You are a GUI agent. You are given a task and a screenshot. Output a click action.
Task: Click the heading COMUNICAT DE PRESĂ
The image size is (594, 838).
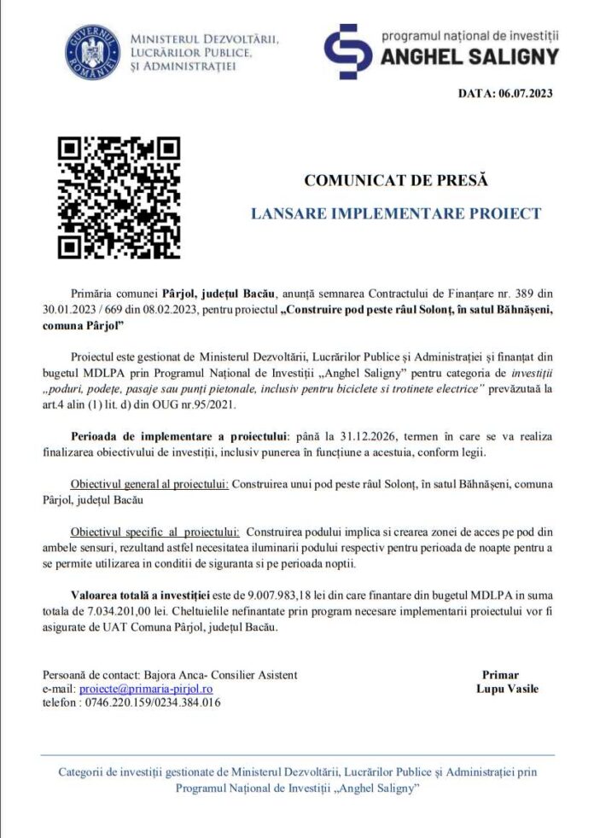tap(396, 181)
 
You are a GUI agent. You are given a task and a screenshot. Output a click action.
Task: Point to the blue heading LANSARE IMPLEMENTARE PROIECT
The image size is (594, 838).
tap(396, 213)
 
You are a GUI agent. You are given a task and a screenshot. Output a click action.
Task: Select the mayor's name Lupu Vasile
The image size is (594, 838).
tap(507, 689)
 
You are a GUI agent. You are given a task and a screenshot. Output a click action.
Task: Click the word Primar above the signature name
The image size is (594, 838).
tap(500, 674)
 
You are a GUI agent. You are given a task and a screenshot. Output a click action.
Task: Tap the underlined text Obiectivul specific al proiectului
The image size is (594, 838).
tap(156, 532)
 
